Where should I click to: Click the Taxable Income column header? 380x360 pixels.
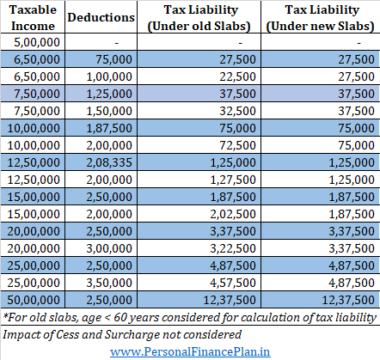[x=33, y=18]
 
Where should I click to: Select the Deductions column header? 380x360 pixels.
[x=101, y=17]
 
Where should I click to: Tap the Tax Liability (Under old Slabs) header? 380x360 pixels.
[x=199, y=18]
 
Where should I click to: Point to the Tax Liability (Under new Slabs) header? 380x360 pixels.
[x=321, y=18]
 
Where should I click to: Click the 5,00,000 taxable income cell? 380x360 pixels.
[x=37, y=42]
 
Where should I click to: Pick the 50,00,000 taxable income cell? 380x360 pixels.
[x=34, y=300]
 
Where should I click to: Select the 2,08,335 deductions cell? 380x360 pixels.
[x=109, y=162]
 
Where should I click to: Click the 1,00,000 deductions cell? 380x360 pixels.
[x=109, y=76]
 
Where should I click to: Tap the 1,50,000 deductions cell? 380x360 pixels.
[x=109, y=111]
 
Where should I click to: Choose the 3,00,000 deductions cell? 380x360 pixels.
[x=109, y=248]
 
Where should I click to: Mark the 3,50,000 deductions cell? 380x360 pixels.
[x=109, y=283]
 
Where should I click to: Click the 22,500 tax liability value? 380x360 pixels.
[x=238, y=76]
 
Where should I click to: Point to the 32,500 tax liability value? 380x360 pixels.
[x=238, y=111]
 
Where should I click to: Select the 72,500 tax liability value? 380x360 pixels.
[x=238, y=145]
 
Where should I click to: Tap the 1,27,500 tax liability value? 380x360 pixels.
[x=233, y=180]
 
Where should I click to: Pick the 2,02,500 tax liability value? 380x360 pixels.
[x=233, y=214]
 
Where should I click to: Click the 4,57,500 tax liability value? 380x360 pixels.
[x=233, y=283]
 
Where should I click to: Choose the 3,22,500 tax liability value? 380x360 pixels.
[x=233, y=248]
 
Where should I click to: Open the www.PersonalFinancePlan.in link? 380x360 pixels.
[x=190, y=351]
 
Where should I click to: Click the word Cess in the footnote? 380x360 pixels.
[x=67, y=334]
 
